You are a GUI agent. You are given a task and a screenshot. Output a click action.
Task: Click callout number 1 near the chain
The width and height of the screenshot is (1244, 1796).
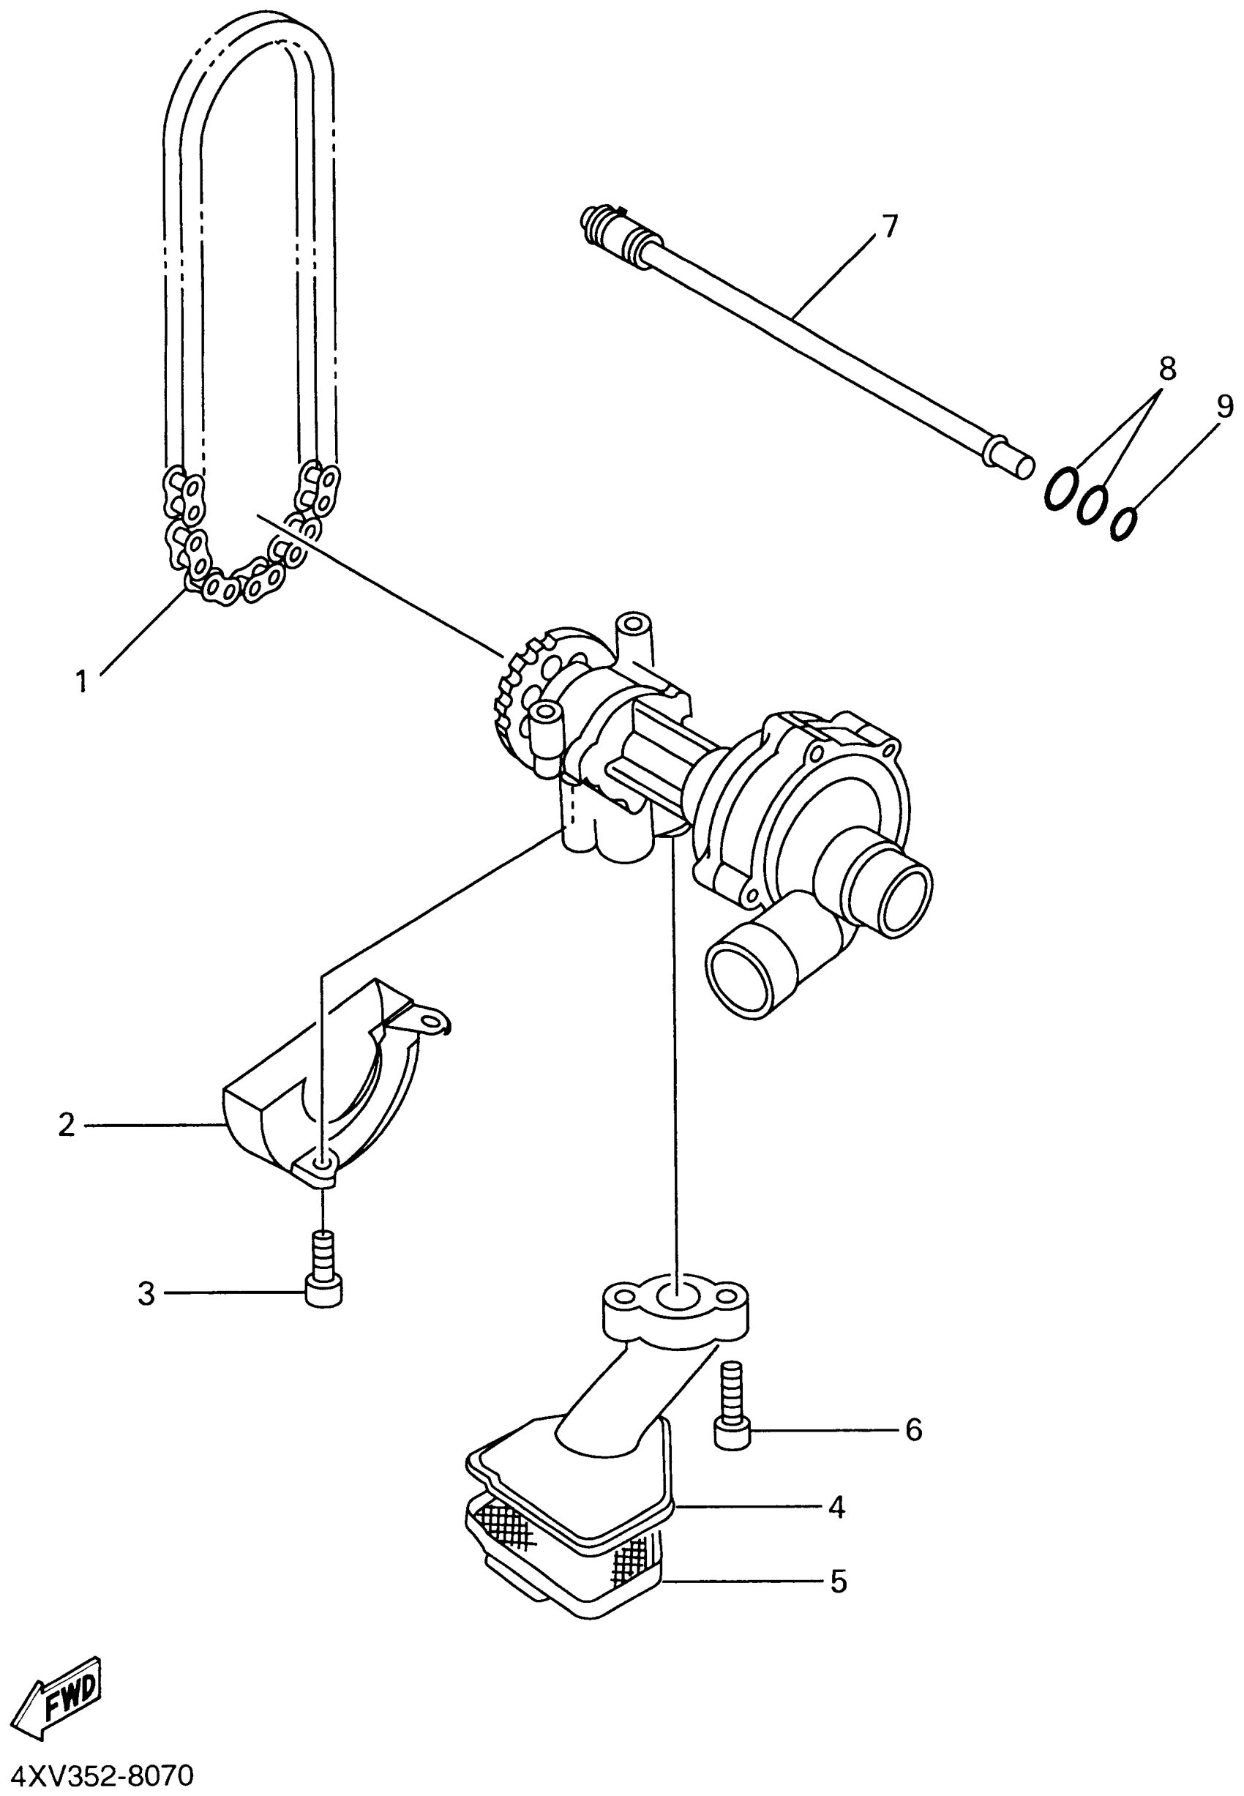[81, 681]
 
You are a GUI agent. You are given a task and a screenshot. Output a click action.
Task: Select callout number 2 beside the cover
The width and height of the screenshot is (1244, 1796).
[67, 1125]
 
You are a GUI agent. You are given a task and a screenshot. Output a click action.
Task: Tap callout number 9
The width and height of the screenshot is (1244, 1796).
[1224, 406]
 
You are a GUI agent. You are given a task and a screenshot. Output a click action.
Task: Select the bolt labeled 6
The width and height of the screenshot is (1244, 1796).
[732, 1412]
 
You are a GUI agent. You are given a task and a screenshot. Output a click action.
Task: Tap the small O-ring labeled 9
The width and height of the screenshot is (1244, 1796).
[1124, 523]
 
